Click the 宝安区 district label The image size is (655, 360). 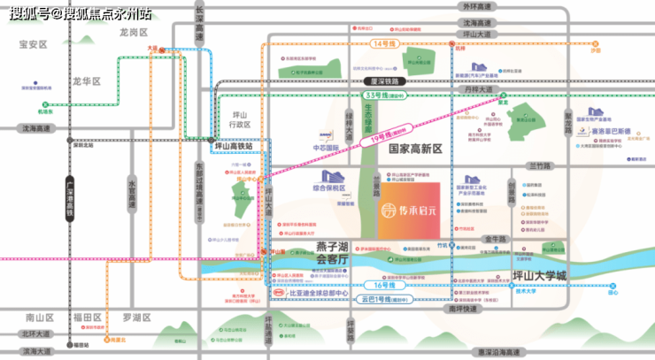32,43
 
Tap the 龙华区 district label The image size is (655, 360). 88,81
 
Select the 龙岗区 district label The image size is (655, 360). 132,32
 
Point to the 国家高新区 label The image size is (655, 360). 415,149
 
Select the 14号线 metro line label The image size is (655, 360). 382,43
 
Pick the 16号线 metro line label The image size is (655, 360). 382,285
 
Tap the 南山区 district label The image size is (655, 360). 40,316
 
